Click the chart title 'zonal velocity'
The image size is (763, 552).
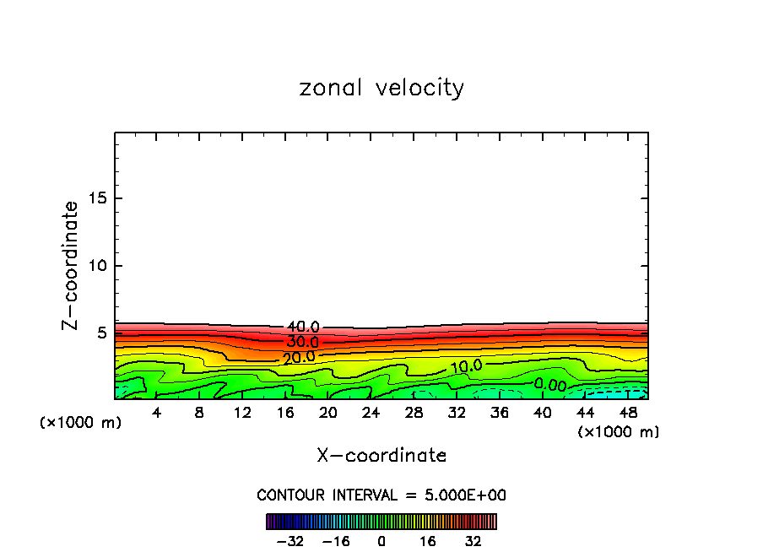[x=381, y=88]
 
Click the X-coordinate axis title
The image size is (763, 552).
[x=381, y=456]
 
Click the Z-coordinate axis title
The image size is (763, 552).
[x=71, y=265]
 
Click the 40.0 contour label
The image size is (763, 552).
[x=303, y=327]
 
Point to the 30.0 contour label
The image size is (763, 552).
[x=302, y=343]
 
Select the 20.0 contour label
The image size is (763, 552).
[x=299, y=357]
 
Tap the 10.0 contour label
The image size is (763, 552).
[x=465, y=367]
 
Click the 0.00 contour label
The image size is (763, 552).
[x=550, y=385]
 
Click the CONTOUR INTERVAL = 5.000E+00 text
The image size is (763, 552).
[x=381, y=495]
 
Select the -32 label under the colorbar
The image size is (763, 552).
[x=290, y=541]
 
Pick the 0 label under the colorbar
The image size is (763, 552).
[x=381, y=541]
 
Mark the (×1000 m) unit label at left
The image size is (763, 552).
[x=81, y=423]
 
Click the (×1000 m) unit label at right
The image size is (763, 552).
[x=619, y=432]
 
